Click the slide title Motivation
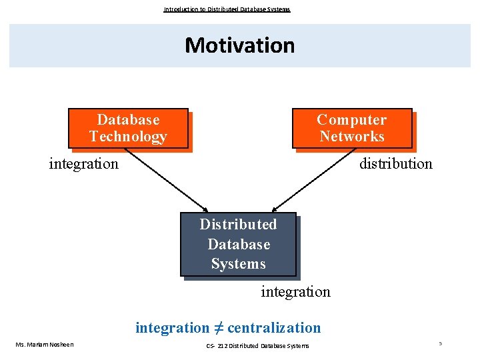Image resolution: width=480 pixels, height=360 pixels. tap(239, 45)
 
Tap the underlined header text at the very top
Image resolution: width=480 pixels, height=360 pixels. tap(227, 9)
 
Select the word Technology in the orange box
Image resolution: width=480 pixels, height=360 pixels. tap(128, 137)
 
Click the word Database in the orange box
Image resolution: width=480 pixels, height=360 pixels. tap(128, 120)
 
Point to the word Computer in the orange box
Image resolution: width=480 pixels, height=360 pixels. tap(351, 120)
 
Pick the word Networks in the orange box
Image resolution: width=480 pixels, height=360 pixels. tap(351, 137)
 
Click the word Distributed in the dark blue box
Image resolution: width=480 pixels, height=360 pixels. tap(238, 224)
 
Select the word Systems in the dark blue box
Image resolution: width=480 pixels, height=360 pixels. tap(238, 264)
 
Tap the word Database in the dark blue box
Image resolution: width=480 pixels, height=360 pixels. tap(238, 244)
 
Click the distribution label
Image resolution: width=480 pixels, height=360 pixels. tap(395, 163)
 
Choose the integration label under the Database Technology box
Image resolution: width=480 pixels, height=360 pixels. tap(83, 163)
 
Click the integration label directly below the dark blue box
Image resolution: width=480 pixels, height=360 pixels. tap(295, 292)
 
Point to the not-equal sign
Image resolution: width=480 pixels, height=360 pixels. tap(218, 327)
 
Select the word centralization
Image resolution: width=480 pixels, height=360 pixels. tap(274, 328)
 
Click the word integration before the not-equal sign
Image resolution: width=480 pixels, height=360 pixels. tap(172, 328)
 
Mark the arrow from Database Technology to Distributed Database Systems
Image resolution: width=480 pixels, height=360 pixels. tap(167, 179)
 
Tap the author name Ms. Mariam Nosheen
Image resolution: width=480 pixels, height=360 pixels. tap(45, 345)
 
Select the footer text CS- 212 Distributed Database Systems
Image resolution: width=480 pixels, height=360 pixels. tap(257, 345)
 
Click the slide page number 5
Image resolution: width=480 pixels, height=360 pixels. tap(440, 343)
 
